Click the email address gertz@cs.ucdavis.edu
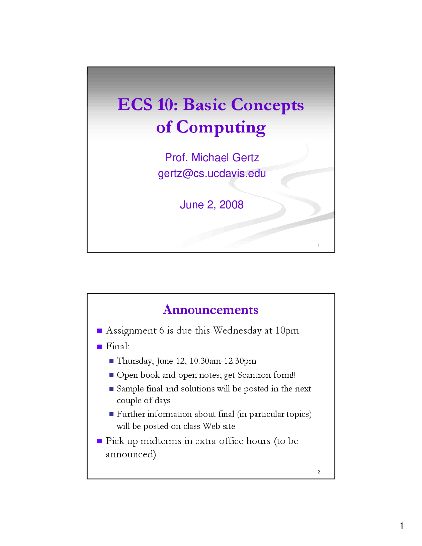[x=212, y=174]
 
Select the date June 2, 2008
[x=212, y=205]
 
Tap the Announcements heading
[x=210, y=309]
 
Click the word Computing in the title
[x=221, y=128]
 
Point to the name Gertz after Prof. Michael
[x=246, y=158]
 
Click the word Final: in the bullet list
[x=118, y=347]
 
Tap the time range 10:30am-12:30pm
[x=223, y=361]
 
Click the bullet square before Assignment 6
[x=100, y=331]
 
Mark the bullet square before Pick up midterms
[x=100, y=441]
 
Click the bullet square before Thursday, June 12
[x=111, y=361]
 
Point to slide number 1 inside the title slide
[x=319, y=246]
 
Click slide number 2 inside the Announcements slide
[x=319, y=472]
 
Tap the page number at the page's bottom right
[x=402, y=526]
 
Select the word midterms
[x=161, y=441]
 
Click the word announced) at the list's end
[x=131, y=455]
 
